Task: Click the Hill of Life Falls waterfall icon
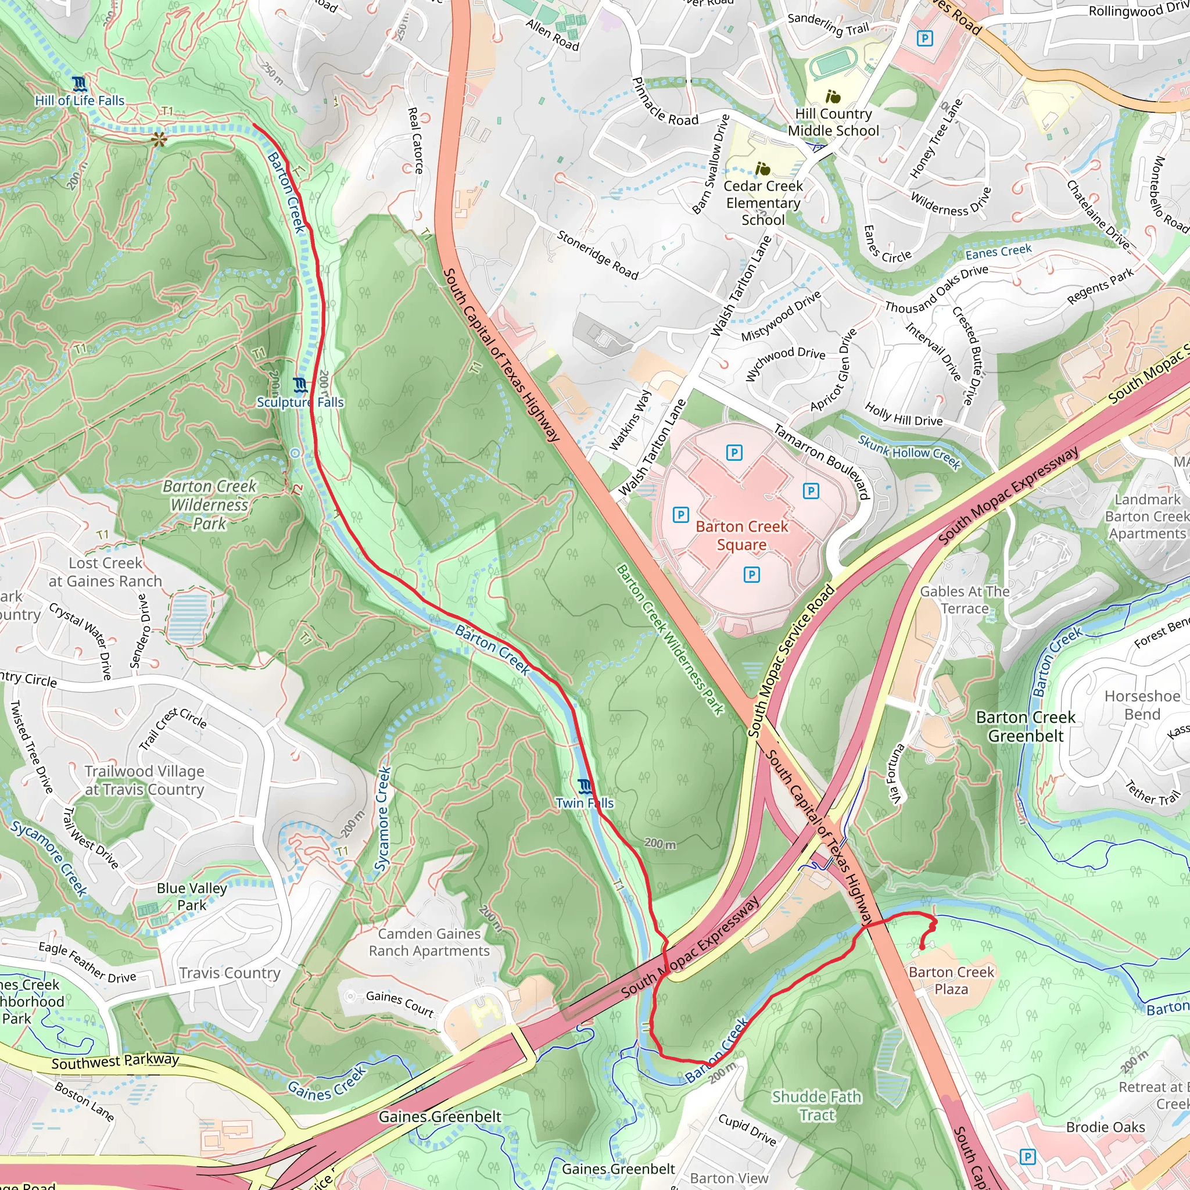coord(79,83)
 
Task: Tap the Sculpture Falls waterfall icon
coord(300,386)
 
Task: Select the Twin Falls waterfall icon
coord(585,787)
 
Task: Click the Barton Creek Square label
coord(741,536)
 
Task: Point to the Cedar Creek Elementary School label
coord(762,203)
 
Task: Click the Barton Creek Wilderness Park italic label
coord(209,505)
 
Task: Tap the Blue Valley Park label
coord(192,896)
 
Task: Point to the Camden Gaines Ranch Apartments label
coord(429,942)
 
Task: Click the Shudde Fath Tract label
coord(816,1106)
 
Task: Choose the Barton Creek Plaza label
coord(951,981)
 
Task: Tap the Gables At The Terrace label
coord(965,600)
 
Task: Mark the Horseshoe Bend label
coord(1142,705)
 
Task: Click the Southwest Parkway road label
coord(115,1061)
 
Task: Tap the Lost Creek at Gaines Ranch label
coord(105,572)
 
